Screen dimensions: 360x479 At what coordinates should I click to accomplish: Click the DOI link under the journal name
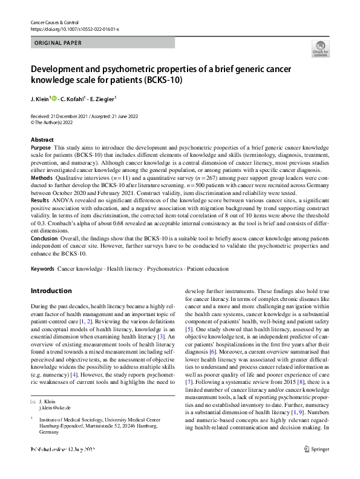[75, 28]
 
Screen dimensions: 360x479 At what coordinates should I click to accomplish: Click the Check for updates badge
[320, 49]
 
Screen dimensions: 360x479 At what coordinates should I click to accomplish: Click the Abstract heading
[42, 140]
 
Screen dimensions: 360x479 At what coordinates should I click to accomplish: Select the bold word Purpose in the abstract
[41, 148]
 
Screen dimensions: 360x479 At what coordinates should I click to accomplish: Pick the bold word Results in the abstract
[40, 199]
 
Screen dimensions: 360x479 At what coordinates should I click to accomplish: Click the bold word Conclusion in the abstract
[45, 239]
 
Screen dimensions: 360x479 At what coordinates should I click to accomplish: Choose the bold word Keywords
[42, 268]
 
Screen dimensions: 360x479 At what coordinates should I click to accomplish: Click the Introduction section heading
[51, 291]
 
